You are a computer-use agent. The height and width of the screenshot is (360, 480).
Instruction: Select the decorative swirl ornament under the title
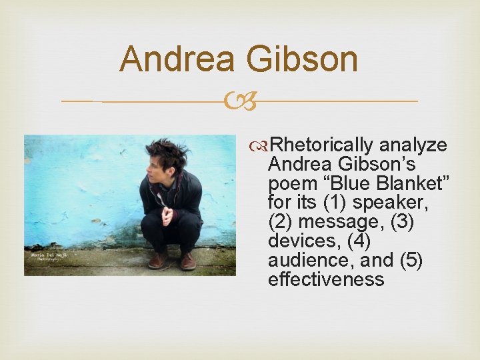[x=239, y=101]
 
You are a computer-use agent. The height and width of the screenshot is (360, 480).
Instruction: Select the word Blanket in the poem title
[x=410, y=183]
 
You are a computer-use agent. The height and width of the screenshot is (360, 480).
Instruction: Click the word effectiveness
[x=326, y=279]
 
